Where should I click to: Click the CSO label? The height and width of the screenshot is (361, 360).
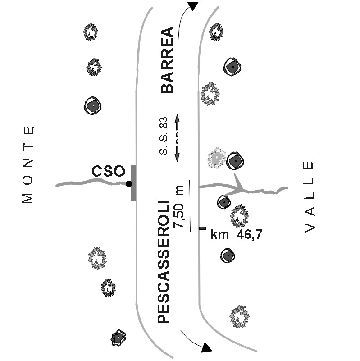tap(108, 172)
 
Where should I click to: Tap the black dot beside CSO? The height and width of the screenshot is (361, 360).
tap(129, 184)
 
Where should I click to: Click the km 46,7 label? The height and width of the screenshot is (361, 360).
tap(237, 234)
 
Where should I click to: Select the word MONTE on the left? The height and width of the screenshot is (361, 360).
tap(28, 165)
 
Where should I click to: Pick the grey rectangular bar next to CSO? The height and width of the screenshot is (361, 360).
tap(133, 183)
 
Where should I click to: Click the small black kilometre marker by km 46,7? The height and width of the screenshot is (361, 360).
tap(202, 228)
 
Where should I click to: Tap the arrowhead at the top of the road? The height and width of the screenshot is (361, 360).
tap(193, 6)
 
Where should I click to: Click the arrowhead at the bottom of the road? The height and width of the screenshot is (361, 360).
tap(206, 347)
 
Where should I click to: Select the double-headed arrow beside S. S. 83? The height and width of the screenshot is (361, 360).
tap(177, 138)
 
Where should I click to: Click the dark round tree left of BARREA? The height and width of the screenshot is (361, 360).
tap(93, 106)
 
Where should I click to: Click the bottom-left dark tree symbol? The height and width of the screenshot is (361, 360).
tap(118, 337)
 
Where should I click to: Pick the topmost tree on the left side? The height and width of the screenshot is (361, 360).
tap(91, 32)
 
